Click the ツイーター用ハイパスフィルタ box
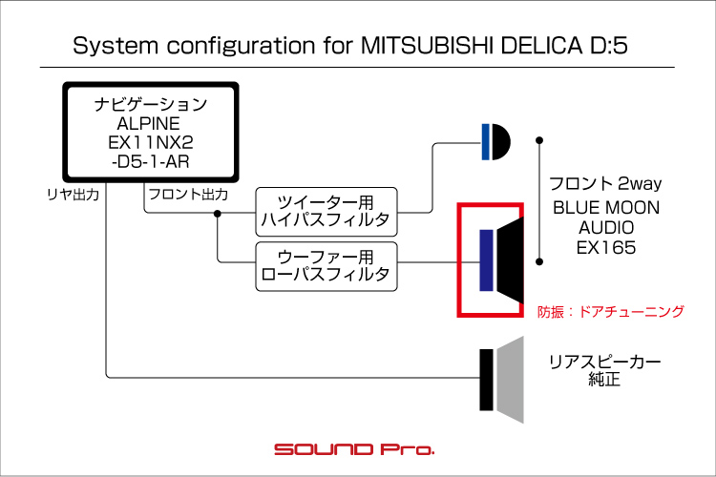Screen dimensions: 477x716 [326, 211]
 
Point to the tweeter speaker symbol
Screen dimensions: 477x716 [496, 142]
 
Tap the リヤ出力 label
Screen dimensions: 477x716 [73, 194]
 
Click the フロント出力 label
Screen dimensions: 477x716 [186, 194]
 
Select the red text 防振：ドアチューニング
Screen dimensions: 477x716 [611, 311]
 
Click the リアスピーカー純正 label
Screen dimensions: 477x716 [604, 371]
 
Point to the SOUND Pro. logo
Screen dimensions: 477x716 [354, 447]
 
